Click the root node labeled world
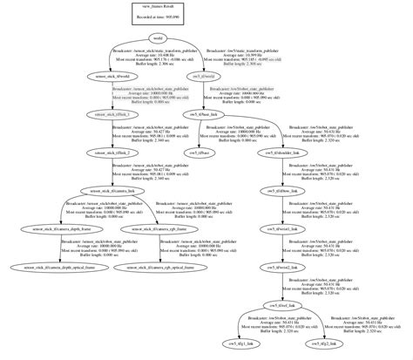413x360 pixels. pos(157,37)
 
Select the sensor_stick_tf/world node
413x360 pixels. pos(113,77)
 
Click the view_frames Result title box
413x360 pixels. pos(157,9)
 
